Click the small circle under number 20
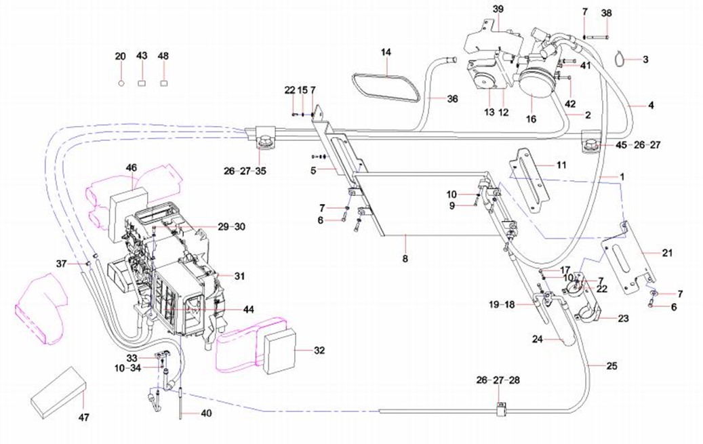click(121, 83)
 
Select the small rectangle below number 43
click(142, 83)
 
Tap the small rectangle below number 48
click(163, 83)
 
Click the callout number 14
click(386, 52)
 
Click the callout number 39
click(498, 9)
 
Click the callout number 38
click(606, 13)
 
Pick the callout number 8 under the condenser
click(405, 259)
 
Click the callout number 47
click(84, 418)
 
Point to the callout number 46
click(132, 168)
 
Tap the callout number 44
click(248, 310)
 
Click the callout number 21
click(668, 253)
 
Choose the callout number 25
click(612, 366)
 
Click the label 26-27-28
click(498, 380)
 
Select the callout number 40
click(206, 413)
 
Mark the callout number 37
click(62, 264)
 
